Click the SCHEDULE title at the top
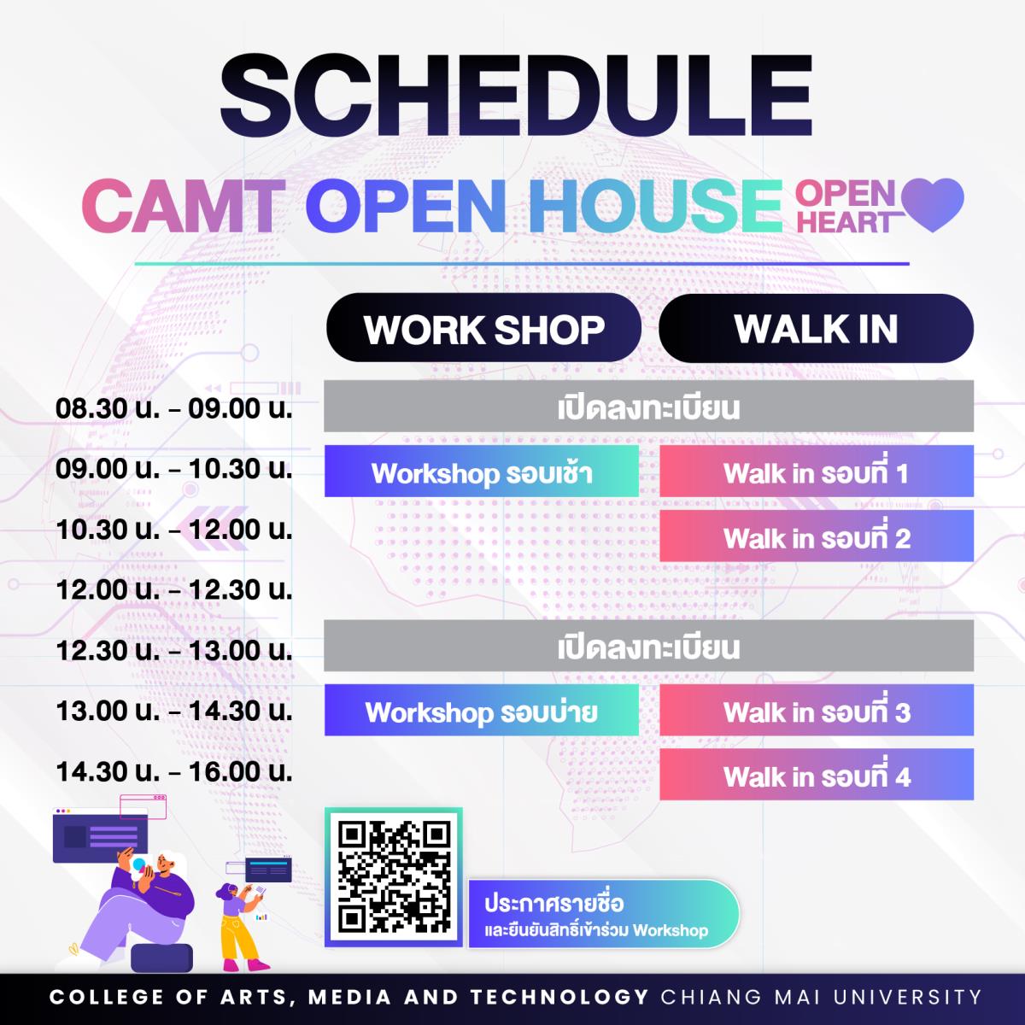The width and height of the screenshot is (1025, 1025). [515, 97]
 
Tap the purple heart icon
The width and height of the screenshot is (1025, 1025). [932, 204]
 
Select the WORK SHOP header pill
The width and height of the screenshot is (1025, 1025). [483, 328]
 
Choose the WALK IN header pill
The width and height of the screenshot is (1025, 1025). [816, 328]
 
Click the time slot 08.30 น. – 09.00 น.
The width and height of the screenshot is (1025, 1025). [174, 408]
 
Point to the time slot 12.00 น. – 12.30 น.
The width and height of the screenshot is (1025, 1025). [174, 589]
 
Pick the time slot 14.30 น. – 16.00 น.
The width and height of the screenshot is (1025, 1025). [174, 771]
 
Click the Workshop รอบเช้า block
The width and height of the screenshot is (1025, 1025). [482, 471]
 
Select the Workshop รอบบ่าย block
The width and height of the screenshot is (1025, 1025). [482, 710]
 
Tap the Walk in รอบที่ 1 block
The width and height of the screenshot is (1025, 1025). [817, 471]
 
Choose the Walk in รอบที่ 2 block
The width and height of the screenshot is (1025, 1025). [817, 536]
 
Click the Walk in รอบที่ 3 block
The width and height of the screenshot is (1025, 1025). [817, 710]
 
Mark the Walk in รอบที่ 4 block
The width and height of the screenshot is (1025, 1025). [817, 775]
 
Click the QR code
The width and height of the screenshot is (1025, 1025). [394, 878]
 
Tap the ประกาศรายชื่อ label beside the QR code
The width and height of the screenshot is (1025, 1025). [553, 904]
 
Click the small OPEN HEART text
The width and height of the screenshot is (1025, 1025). [849, 208]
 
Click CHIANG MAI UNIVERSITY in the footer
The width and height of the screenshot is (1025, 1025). [821, 996]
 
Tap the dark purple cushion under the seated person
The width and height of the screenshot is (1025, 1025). [161, 957]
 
